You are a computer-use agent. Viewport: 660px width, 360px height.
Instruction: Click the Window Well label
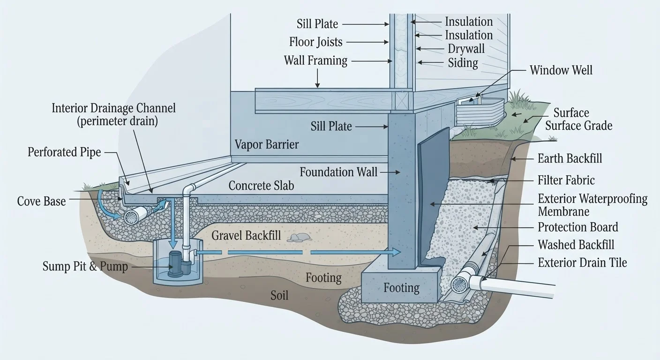[x=561, y=70]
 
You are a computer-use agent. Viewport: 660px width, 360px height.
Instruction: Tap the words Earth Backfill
[x=570, y=158]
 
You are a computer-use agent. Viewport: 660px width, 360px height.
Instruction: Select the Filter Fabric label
[x=566, y=180]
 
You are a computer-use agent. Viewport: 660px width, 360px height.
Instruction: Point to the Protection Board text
[x=578, y=227]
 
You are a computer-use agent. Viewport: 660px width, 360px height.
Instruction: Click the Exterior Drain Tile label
[x=582, y=262]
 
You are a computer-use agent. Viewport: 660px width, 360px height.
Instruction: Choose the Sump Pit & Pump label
[x=85, y=266]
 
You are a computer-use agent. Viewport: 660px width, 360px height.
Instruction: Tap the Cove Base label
[x=41, y=202]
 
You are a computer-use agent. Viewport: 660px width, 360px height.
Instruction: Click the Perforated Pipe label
[x=64, y=152]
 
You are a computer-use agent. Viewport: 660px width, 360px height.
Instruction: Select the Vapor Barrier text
[x=267, y=145]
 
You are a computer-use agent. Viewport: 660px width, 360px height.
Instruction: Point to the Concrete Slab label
[x=261, y=186]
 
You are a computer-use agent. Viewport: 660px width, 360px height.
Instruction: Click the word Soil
[x=279, y=295]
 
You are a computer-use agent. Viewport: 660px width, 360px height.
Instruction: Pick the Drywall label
[x=466, y=49]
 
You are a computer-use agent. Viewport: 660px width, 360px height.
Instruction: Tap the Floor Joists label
[x=315, y=42]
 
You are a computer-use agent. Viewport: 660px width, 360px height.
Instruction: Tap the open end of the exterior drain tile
[x=458, y=285]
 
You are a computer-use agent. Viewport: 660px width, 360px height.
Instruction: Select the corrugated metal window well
[x=480, y=112]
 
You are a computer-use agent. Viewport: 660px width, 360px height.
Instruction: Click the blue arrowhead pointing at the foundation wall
[x=396, y=252]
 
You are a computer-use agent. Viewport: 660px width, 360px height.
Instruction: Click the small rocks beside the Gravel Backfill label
[x=299, y=237]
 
